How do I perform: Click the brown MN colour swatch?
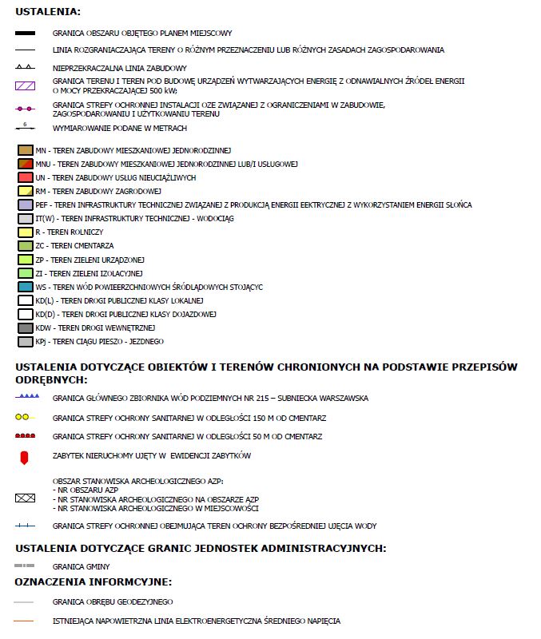pyautogui.click(x=25, y=150)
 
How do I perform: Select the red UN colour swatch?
pyautogui.click(x=25, y=177)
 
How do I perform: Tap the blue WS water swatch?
pyautogui.click(x=25, y=287)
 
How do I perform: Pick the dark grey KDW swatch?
pyautogui.click(x=25, y=327)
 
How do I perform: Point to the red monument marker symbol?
pyautogui.click(x=25, y=456)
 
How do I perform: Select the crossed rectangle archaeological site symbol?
pyautogui.click(x=25, y=497)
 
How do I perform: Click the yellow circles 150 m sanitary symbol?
pyautogui.click(x=25, y=418)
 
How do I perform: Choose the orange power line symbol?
pyautogui.click(x=25, y=621)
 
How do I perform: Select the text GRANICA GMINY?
pyautogui.click(x=80, y=566)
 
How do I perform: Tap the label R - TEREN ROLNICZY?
pyautogui.click(x=70, y=232)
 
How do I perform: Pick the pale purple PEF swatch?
pyautogui.click(x=25, y=204)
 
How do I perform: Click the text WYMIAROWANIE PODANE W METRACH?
pyautogui.click(x=120, y=128)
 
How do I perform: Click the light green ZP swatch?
pyautogui.click(x=25, y=260)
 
